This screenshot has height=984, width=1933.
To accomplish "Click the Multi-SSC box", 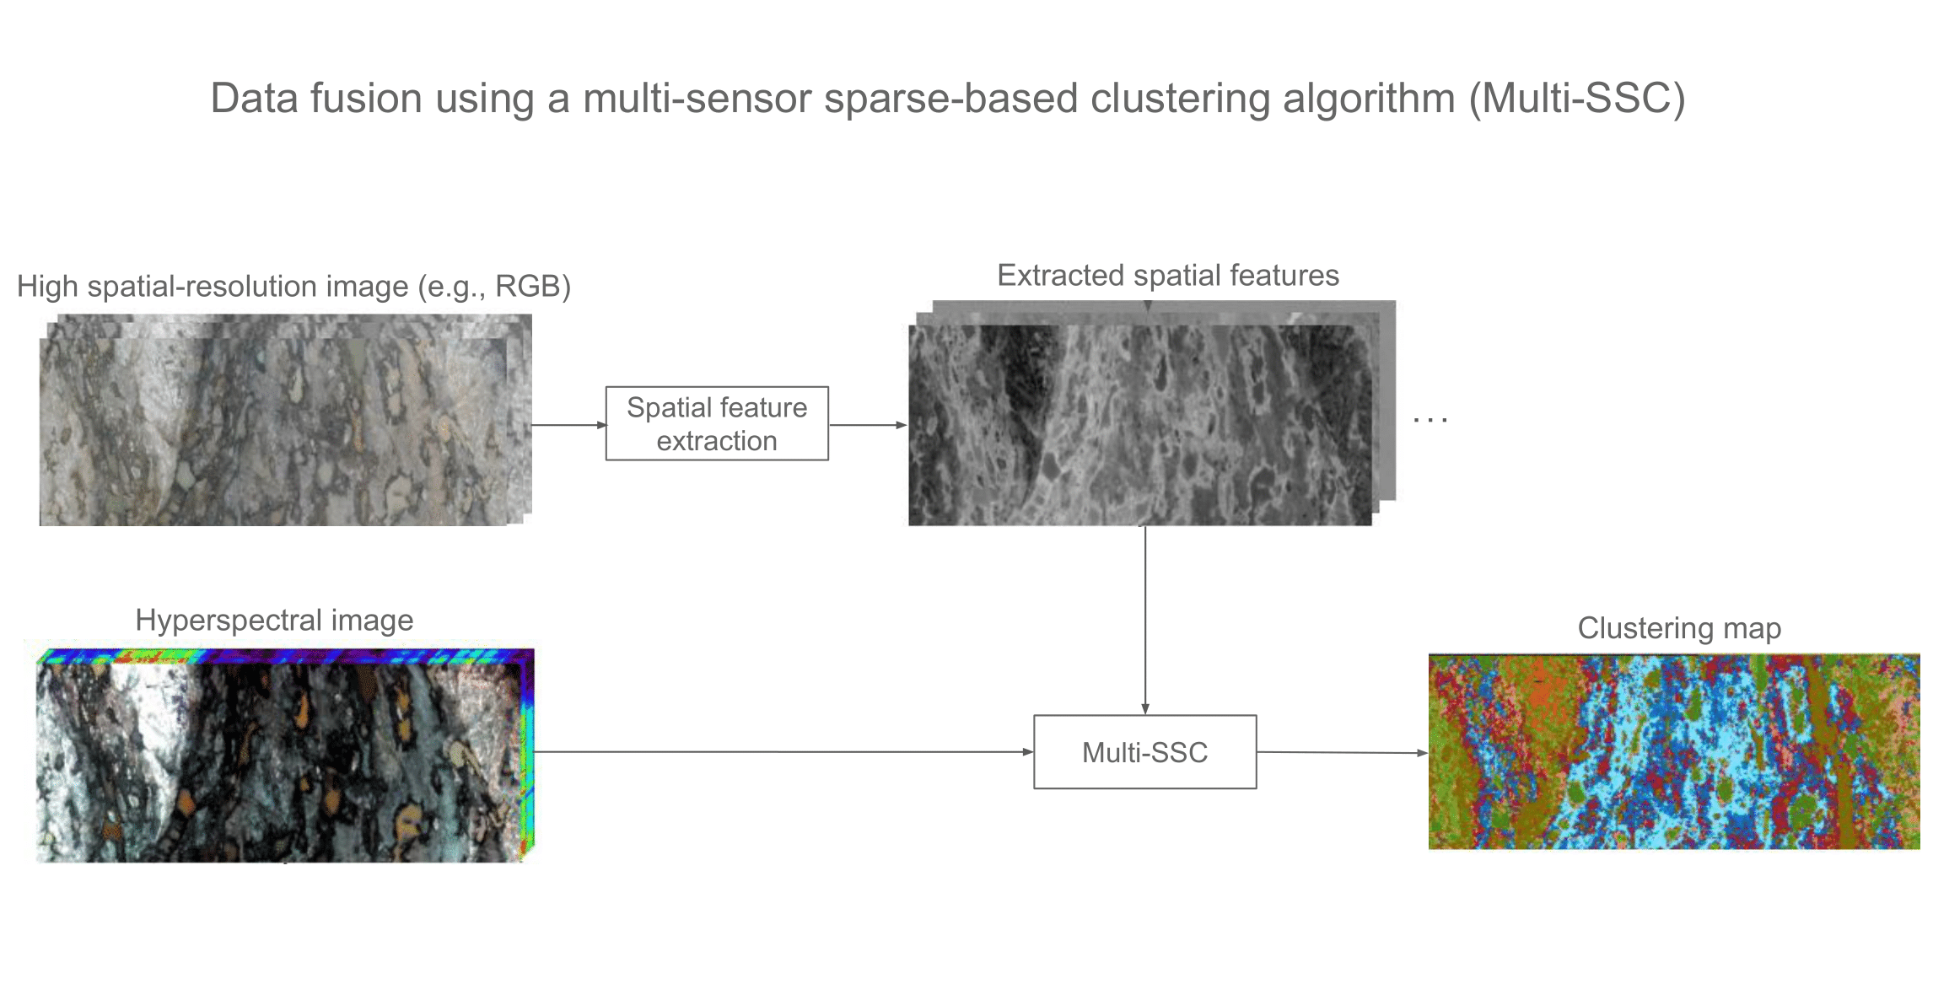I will click(1144, 752).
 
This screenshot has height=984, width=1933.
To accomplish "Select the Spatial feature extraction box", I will click(717, 423).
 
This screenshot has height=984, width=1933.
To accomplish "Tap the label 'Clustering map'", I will click(1678, 628).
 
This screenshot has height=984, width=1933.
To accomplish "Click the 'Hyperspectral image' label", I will click(274, 621).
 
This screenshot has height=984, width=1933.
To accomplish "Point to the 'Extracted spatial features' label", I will click(1168, 276).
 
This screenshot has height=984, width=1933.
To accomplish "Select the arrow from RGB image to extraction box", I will click(568, 425).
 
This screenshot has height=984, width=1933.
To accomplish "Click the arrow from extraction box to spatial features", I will click(867, 425).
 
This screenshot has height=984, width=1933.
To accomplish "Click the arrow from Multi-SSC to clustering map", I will click(1341, 752).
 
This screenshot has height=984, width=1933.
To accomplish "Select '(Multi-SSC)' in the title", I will click(1576, 99).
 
